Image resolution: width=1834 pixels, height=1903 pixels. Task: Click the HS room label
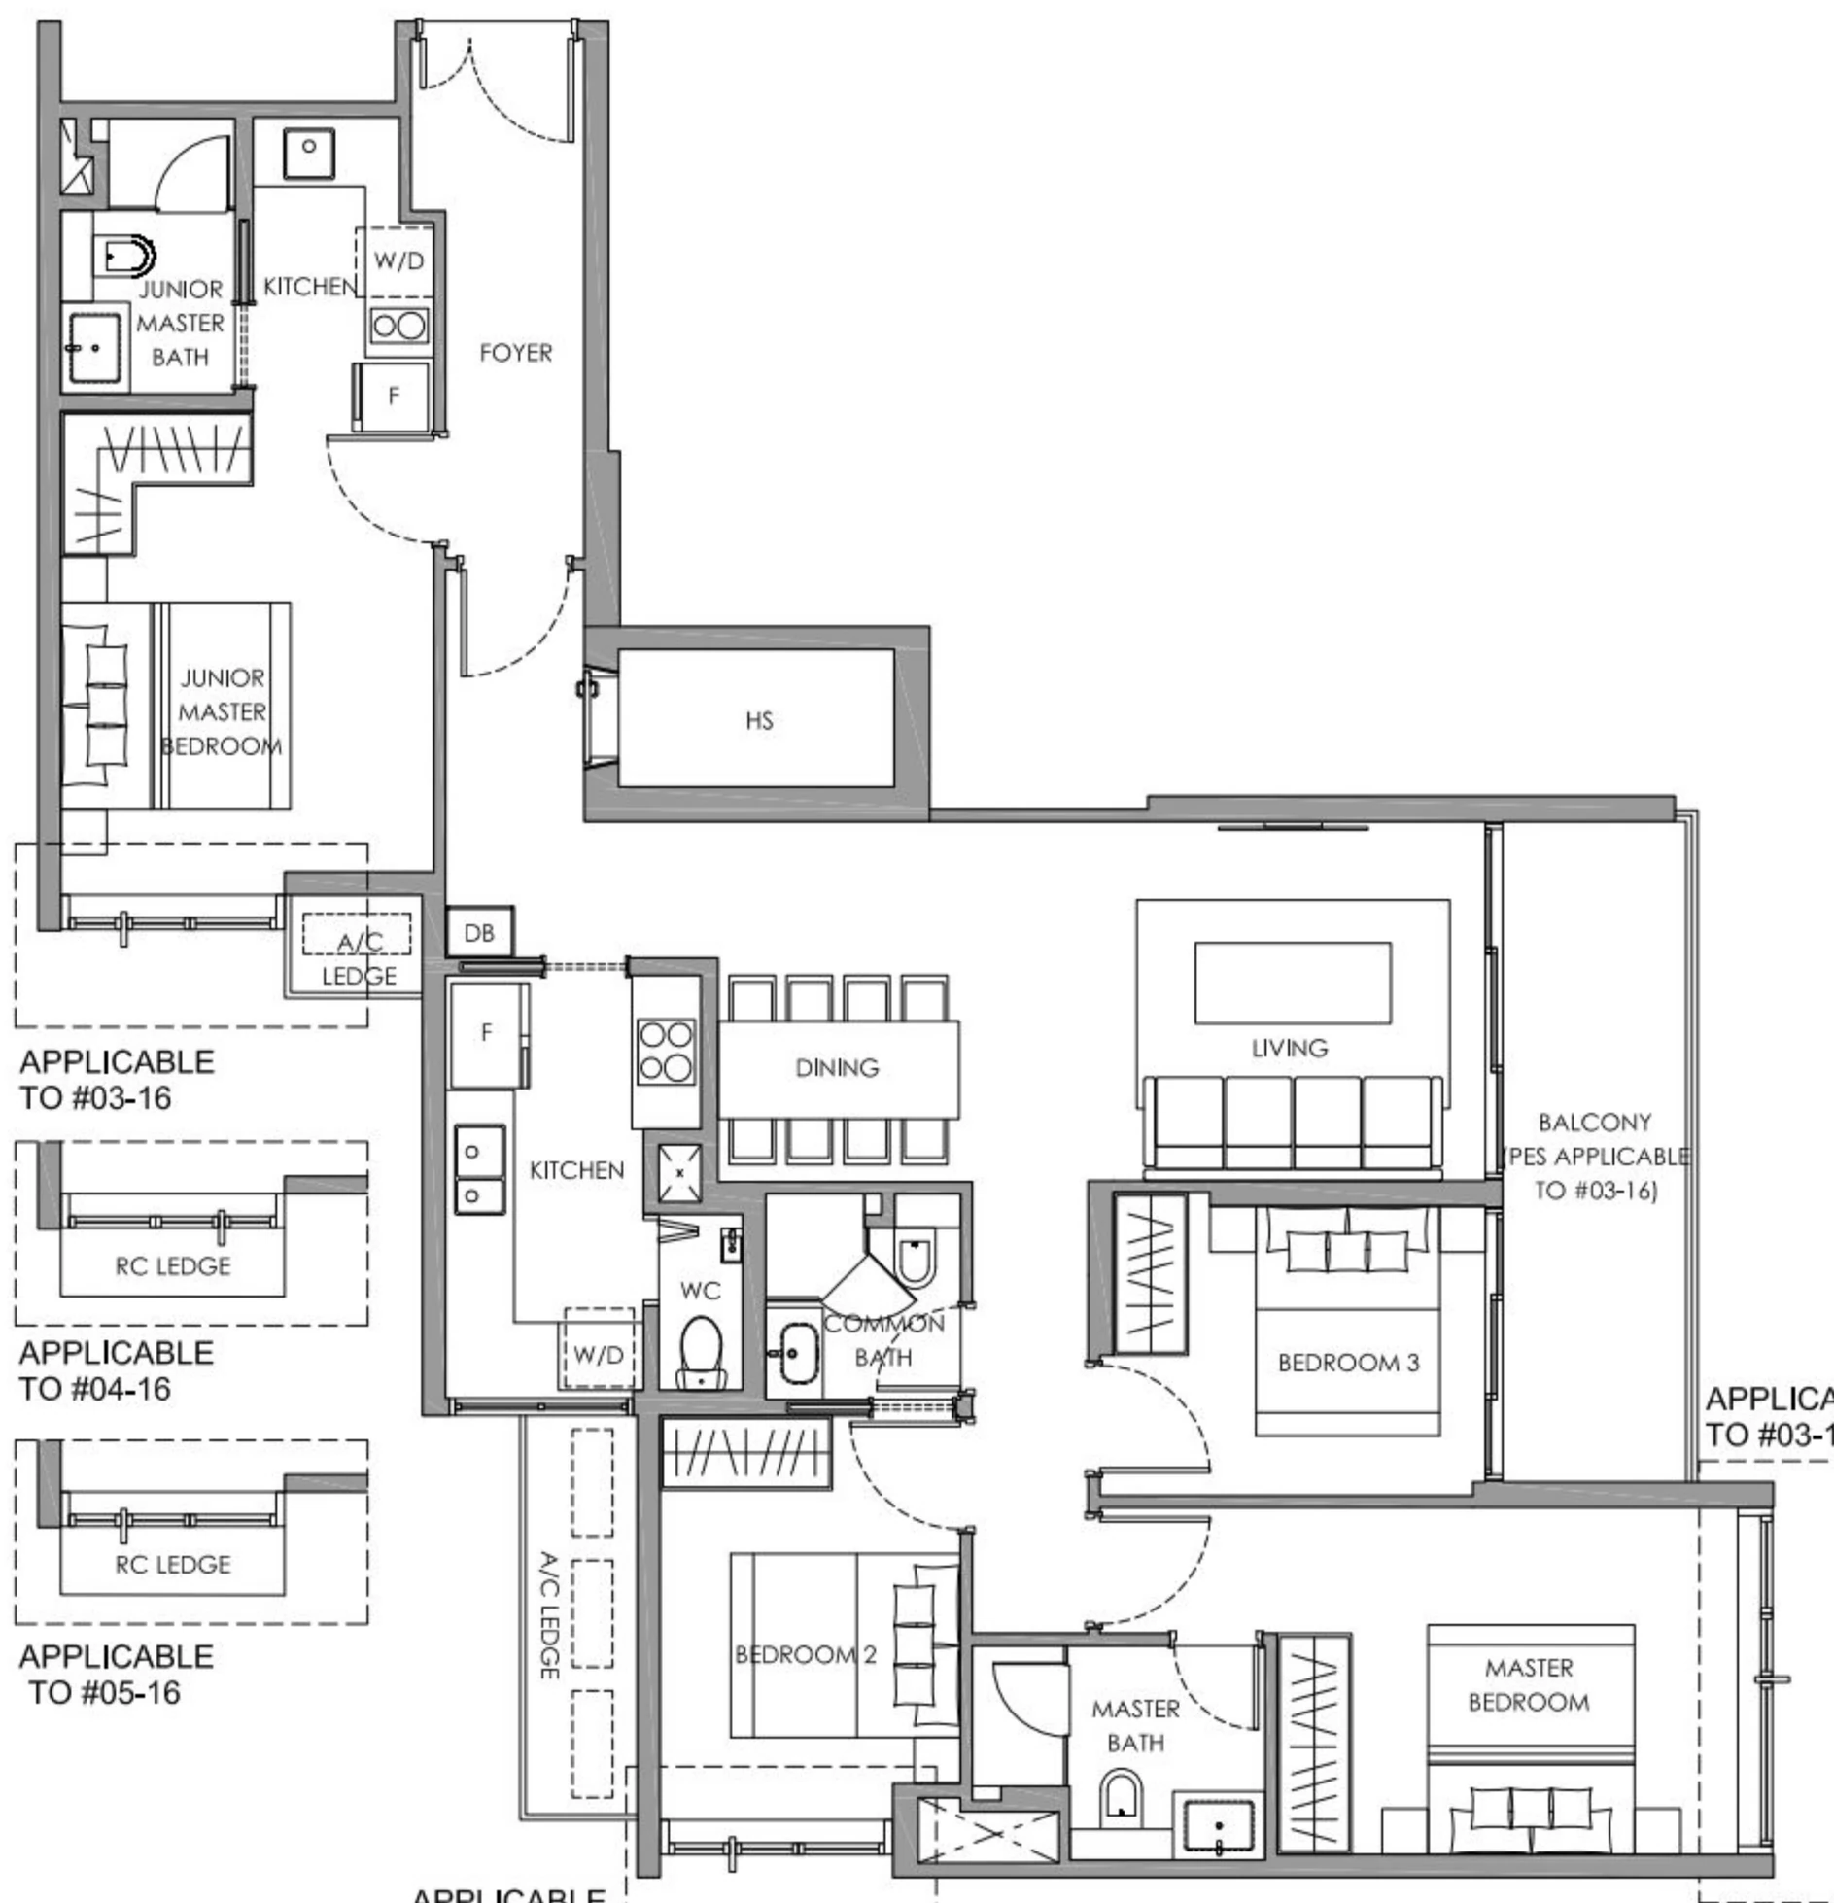click(x=759, y=720)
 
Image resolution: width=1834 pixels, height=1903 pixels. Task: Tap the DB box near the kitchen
click(x=479, y=933)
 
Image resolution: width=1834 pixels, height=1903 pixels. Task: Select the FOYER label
click(x=515, y=353)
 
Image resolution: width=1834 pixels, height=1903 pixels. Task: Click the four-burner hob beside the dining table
click(x=666, y=1051)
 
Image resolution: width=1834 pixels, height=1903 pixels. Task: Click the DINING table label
click(x=837, y=1068)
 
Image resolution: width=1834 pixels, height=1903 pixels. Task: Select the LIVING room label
click(x=1289, y=1048)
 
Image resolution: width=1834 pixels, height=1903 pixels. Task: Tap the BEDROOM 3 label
click(x=1348, y=1363)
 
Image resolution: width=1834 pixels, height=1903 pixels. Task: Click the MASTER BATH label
click(x=1135, y=1725)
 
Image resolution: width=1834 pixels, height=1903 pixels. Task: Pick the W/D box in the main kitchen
click(x=599, y=1354)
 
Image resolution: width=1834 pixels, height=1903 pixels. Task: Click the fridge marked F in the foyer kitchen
click(x=393, y=396)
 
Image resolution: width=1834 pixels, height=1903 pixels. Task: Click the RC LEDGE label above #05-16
click(x=173, y=1565)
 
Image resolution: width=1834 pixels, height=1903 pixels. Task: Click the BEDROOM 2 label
click(x=806, y=1654)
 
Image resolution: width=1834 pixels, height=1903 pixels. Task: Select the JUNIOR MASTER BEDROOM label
click(x=223, y=711)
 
